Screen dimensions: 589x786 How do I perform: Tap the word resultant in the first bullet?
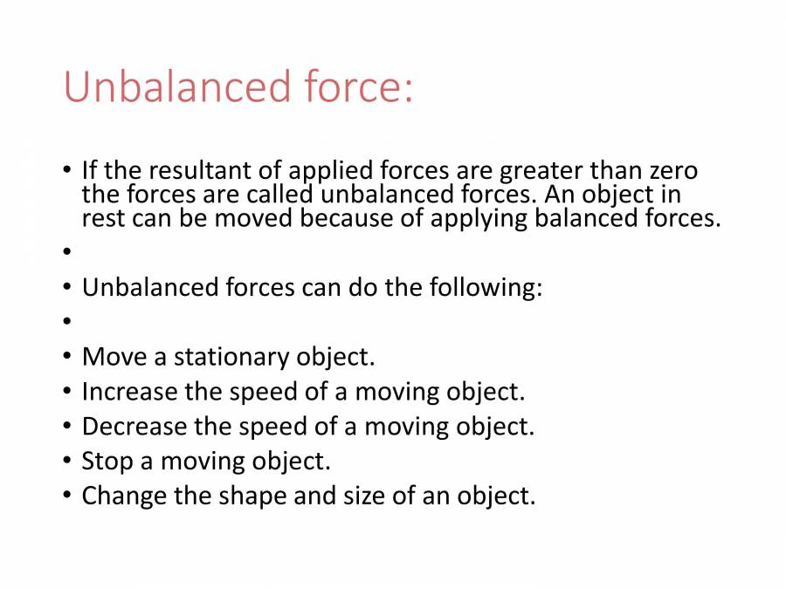click(193, 170)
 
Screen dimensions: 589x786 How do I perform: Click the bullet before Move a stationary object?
click(68, 358)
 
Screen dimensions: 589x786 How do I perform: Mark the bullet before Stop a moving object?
click(68, 462)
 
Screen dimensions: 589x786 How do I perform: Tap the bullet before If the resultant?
click(68, 170)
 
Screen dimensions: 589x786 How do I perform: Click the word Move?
click(107, 357)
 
